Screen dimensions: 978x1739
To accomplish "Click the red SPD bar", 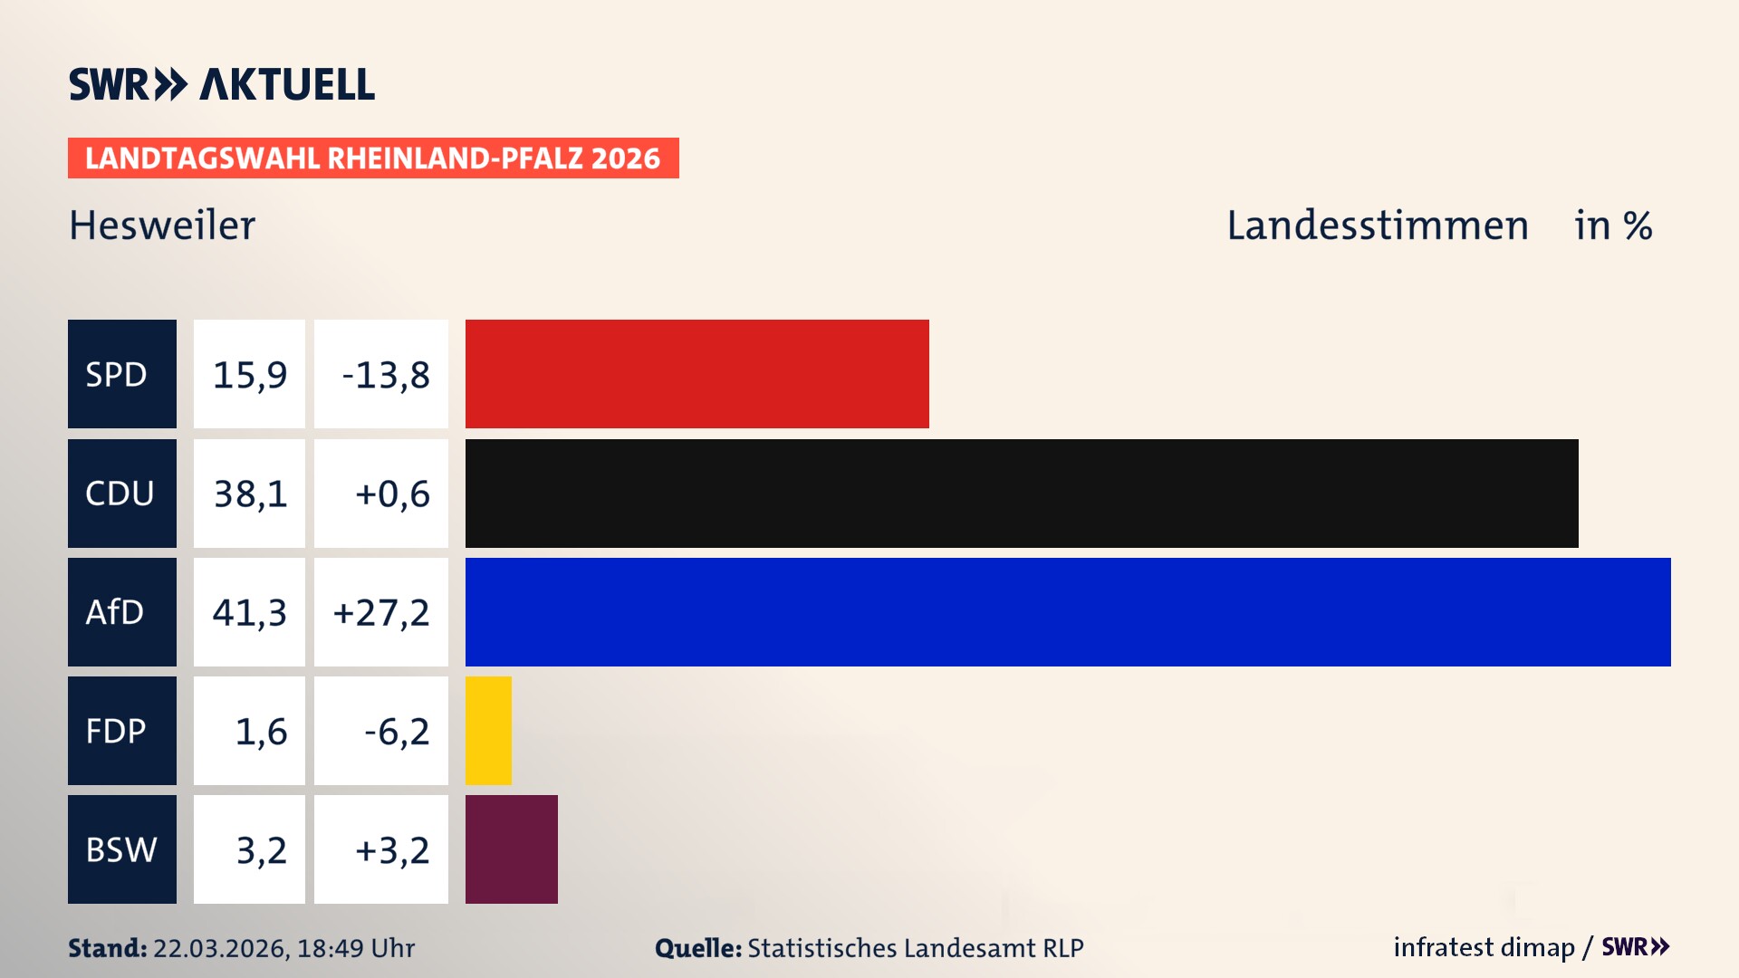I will pos(697,374).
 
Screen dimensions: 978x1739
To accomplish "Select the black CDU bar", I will pos(1021,494).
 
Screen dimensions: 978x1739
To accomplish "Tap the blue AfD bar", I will pos(1067,612).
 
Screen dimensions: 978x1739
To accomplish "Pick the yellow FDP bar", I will pos(488,731).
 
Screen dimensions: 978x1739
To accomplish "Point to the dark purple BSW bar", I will pos(511,849).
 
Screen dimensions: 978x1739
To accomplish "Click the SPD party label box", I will pos(121,374).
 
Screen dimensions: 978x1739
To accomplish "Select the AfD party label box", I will pos(121,612).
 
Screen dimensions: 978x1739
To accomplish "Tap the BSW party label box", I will pos(121,849).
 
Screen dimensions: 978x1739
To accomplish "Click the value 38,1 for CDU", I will pos(250,494).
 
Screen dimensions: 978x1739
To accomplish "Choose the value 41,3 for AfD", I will pos(250,612).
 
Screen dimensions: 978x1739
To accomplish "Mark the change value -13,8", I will pos(385,375).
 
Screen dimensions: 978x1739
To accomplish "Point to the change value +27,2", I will pos(381,613).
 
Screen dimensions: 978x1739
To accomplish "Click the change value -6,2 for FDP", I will pos(396,732).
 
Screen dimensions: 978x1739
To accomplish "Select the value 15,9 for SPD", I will pos(250,375).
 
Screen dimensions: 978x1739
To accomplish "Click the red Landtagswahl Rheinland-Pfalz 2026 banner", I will pos(373,158).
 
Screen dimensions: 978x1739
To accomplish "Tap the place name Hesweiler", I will pos(162,225).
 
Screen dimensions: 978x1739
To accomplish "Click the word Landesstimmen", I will pos(1377,225).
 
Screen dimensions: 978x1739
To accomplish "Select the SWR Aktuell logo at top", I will pos(222,84).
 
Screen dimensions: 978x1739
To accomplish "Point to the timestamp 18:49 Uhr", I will pos(355,948).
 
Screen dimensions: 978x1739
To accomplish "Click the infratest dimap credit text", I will pos(1484,947).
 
